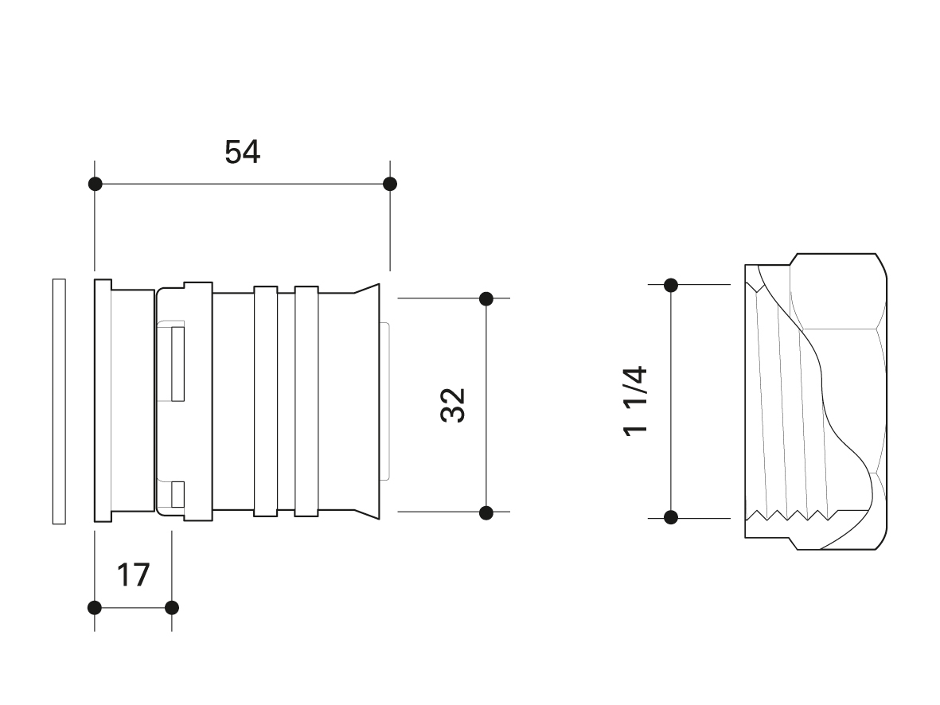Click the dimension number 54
coord(242,152)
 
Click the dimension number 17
coord(133,575)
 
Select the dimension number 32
coord(453,405)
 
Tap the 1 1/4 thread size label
coord(635,402)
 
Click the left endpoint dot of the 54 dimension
coord(95,184)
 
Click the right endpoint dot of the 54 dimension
coord(390,184)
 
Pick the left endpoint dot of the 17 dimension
coord(95,608)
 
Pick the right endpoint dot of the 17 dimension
coord(171,608)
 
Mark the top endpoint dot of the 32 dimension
coord(486,298)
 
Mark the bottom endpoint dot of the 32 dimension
coord(486,512)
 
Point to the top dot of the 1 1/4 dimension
coord(671,286)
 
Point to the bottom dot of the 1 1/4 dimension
coord(671,516)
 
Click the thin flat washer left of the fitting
coord(59,401)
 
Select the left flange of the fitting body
coord(103,400)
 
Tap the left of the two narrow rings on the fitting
coord(266,401)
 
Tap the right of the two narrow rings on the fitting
coord(306,401)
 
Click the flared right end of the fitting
coord(366,401)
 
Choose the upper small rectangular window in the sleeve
coord(177,364)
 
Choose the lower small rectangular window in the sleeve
coord(177,495)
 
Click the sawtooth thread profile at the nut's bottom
coord(792,515)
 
